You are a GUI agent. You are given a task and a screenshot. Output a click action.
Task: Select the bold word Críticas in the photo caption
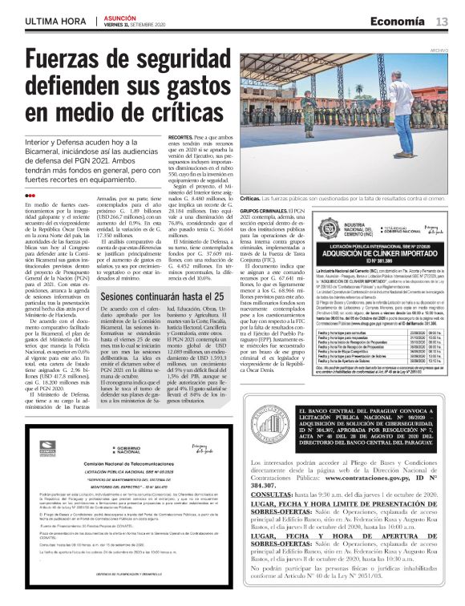coord(250,198)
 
